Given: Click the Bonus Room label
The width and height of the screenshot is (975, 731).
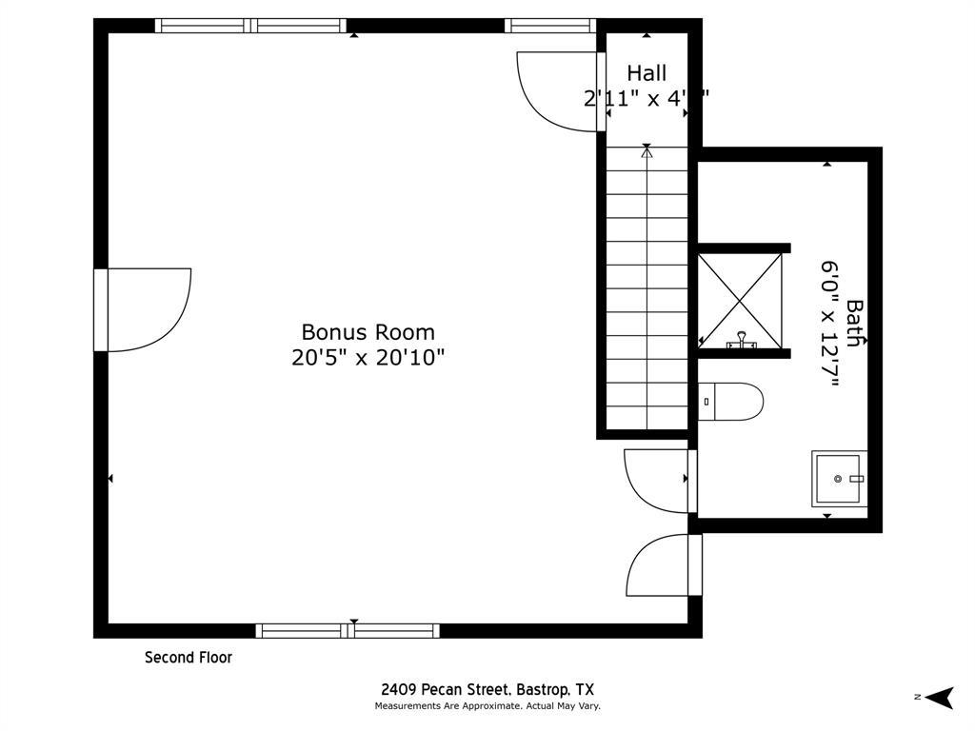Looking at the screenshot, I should pyautogui.click(x=368, y=332).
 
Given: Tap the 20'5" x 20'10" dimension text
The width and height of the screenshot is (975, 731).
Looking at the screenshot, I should pyautogui.click(x=368, y=358).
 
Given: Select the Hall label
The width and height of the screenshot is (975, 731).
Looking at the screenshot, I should pyautogui.click(x=647, y=73).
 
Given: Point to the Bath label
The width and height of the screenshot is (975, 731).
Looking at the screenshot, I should pyautogui.click(x=855, y=324).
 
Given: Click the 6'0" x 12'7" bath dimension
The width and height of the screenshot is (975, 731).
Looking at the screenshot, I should pyautogui.click(x=829, y=324).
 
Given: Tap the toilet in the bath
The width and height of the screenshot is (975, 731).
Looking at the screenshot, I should pyautogui.click(x=731, y=402).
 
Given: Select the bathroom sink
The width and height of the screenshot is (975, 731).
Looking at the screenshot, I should pyautogui.click(x=839, y=479).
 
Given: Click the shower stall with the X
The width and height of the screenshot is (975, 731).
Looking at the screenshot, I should pyautogui.click(x=740, y=298).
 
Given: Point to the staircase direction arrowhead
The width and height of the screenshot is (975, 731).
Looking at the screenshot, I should pyautogui.click(x=647, y=150).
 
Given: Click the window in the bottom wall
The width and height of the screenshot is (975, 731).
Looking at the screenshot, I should pyautogui.click(x=348, y=630).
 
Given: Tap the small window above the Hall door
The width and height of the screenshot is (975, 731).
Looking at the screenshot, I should pyautogui.click(x=549, y=26).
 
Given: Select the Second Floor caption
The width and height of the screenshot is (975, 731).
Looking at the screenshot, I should pyautogui.click(x=189, y=658).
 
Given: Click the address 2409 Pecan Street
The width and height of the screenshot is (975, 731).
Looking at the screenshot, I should pyautogui.click(x=487, y=690).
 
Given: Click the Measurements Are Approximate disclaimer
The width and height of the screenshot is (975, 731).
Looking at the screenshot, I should pyautogui.click(x=487, y=706).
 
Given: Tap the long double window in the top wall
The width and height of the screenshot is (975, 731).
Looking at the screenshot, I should pyautogui.click(x=250, y=26).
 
